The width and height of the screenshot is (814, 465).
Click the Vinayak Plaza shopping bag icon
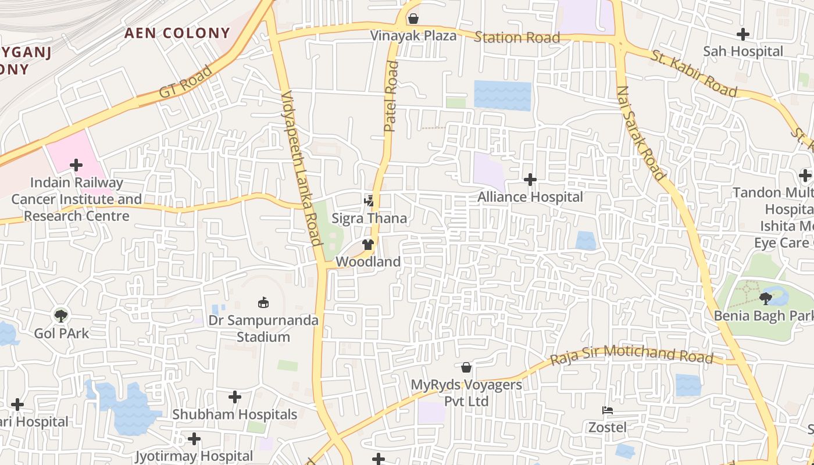click(413, 19)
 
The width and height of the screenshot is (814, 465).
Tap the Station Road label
click(517, 38)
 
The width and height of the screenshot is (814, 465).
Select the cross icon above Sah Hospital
click(743, 34)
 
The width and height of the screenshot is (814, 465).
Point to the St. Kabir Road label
click(694, 74)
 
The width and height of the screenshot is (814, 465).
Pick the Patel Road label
click(391, 96)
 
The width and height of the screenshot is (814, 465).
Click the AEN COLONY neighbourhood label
click(177, 33)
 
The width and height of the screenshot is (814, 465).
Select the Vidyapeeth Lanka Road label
click(301, 168)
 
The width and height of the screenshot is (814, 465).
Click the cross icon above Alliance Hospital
click(530, 180)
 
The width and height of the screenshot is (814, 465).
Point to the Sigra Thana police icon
click(369, 201)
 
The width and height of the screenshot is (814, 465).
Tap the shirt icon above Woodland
click(368, 245)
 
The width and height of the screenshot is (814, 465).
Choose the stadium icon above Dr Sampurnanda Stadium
click(263, 302)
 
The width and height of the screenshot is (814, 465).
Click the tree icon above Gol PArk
click(61, 316)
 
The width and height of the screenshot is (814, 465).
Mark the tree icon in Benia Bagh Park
click(766, 299)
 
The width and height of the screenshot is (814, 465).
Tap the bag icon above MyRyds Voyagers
click(466, 367)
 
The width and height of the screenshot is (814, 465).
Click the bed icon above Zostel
click(608, 410)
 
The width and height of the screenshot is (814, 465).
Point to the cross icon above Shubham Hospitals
click(235, 397)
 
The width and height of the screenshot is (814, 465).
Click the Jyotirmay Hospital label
click(194, 456)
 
